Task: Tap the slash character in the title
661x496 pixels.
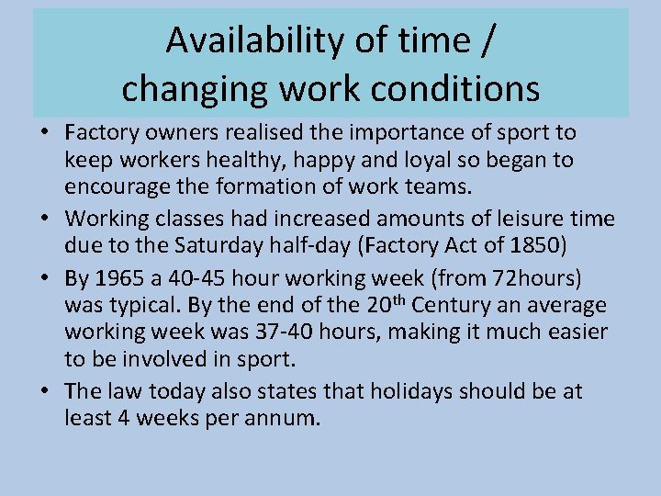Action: (x=487, y=41)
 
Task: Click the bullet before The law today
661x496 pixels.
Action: (x=44, y=392)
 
